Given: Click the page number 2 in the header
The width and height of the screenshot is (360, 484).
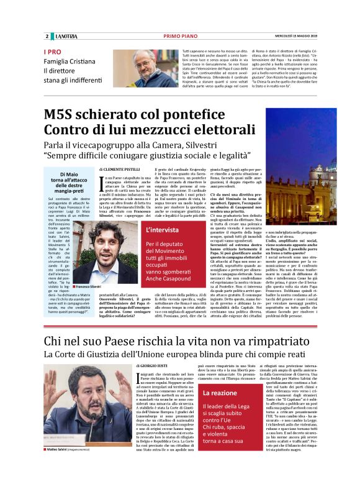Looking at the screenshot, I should [47, 36].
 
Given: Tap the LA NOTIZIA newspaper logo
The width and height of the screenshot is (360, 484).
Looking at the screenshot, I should [63, 36].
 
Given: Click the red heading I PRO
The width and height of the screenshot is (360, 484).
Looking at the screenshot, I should [53, 52].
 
